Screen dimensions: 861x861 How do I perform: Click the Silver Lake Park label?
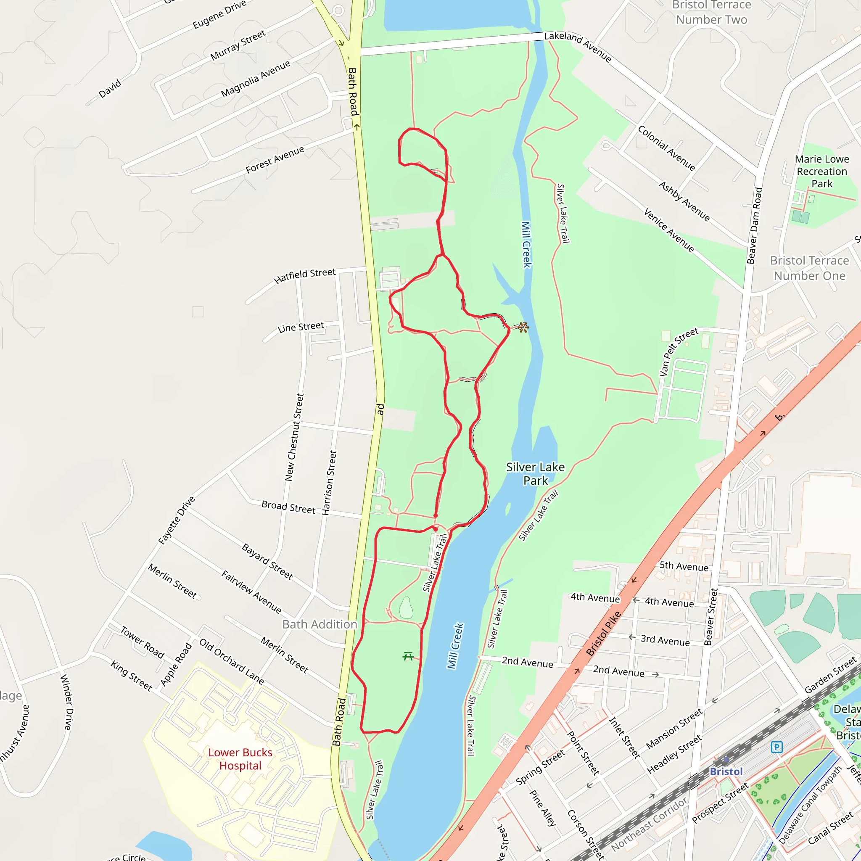coord(535,474)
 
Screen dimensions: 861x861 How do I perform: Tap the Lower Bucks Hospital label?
coord(240,759)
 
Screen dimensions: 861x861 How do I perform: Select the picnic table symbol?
coord(408,656)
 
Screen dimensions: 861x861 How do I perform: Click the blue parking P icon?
coord(777,747)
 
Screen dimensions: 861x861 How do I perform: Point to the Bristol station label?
coord(726,771)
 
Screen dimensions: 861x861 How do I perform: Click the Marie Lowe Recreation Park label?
coord(822,171)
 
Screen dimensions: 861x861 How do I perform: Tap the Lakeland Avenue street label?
coord(578,46)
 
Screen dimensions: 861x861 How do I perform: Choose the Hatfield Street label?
coord(305,276)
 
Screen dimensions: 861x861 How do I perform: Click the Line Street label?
coord(301,327)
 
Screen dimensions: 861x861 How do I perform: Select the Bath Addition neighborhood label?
coord(320,624)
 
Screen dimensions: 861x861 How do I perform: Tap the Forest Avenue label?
coord(275,159)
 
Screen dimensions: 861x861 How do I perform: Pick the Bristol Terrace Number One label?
coord(809,268)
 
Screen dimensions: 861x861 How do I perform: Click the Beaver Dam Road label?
coord(754,225)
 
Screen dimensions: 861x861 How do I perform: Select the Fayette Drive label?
coord(177,520)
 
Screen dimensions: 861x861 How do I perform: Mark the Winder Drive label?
coord(66,702)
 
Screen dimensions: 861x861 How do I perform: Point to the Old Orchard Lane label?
coord(231,661)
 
